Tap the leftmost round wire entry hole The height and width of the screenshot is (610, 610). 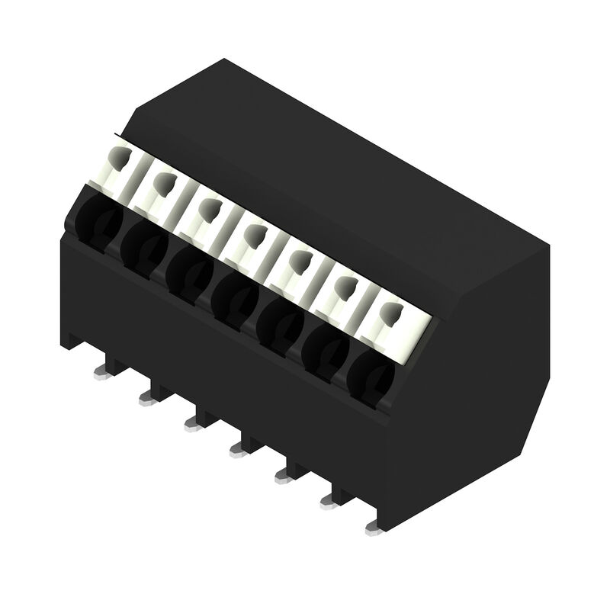click(x=97, y=220)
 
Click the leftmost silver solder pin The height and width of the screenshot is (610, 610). click(x=101, y=373)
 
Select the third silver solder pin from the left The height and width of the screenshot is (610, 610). click(x=192, y=425)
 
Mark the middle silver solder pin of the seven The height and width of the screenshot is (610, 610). click(x=238, y=452)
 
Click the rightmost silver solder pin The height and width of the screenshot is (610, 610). click(x=374, y=527)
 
